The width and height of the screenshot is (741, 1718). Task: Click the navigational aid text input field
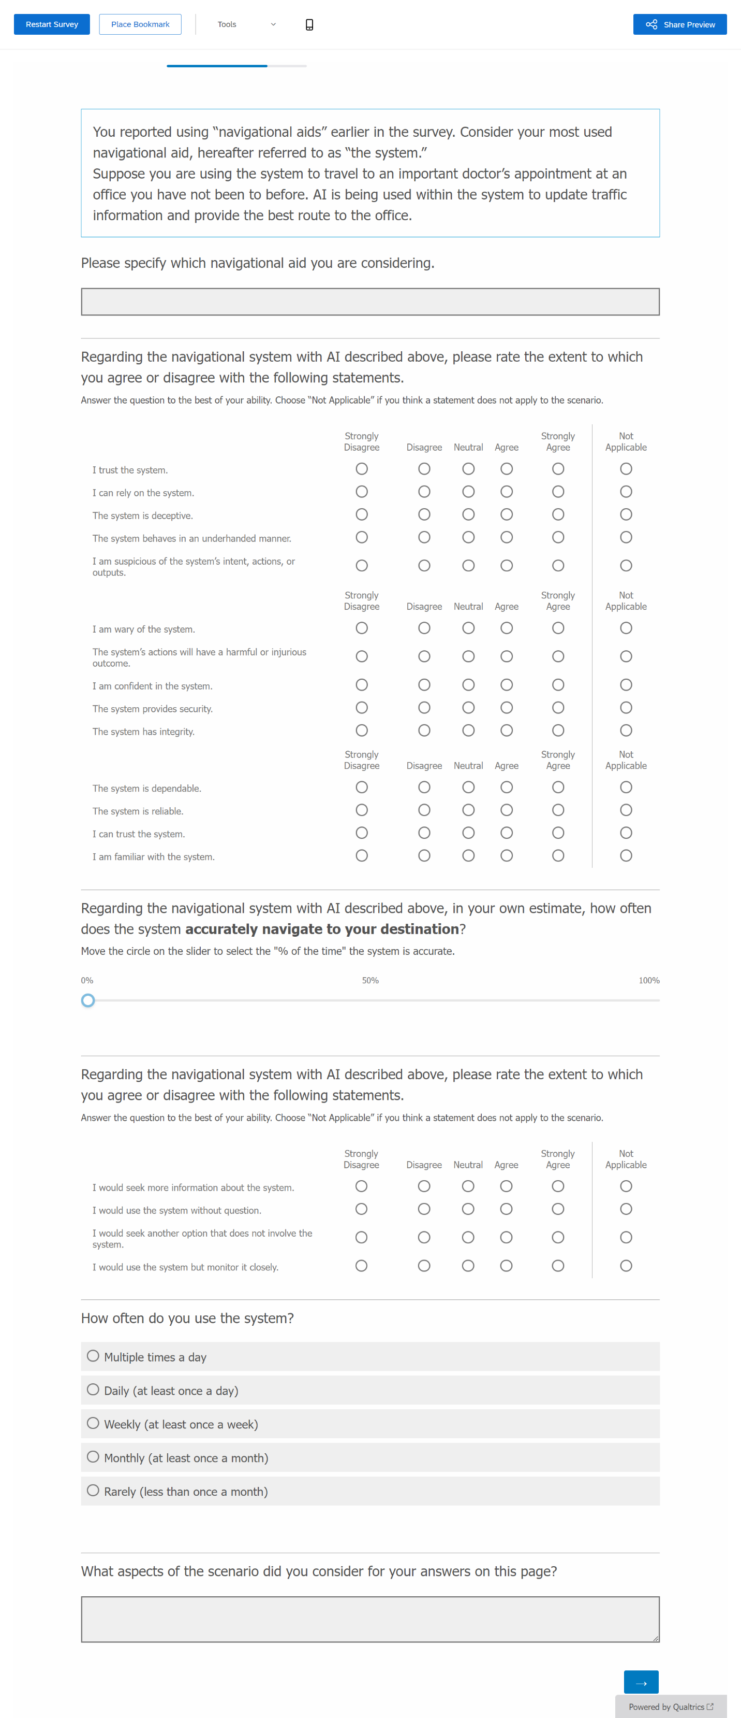pos(370,302)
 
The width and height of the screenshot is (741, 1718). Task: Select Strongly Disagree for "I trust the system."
pos(362,469)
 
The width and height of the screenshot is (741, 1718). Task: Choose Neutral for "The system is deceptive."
pos(468,514)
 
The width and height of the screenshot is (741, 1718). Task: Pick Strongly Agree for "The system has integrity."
pos(558,731)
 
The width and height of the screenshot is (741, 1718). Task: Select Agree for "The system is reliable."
pos(507,810)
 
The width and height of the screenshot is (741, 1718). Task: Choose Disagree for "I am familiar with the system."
pos(424,856)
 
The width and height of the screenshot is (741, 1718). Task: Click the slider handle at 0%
pos(88,1000)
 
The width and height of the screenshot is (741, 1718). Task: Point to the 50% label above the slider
pos(370,980)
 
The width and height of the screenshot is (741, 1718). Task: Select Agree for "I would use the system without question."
pos(507,1209)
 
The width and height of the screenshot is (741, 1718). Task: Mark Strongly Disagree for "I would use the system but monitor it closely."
pos(361,1266)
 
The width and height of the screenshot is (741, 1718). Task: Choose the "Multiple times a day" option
pos(93,1356)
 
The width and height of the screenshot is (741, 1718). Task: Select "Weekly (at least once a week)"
pos(93,1423)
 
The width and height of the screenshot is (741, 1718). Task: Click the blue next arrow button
pos(641,1681)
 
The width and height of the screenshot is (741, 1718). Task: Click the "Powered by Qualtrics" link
pos(670,1707)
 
